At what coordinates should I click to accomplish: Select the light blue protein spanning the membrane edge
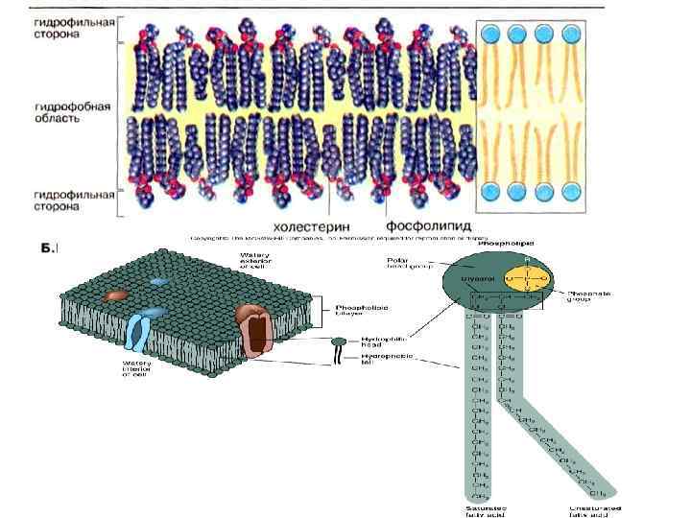pyautogui.click(x=138, y=332)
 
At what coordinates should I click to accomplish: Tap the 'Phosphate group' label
pyautogui.click(x=583, y=297)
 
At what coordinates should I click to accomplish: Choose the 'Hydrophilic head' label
pyautogui.click(x=377, y=341)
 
